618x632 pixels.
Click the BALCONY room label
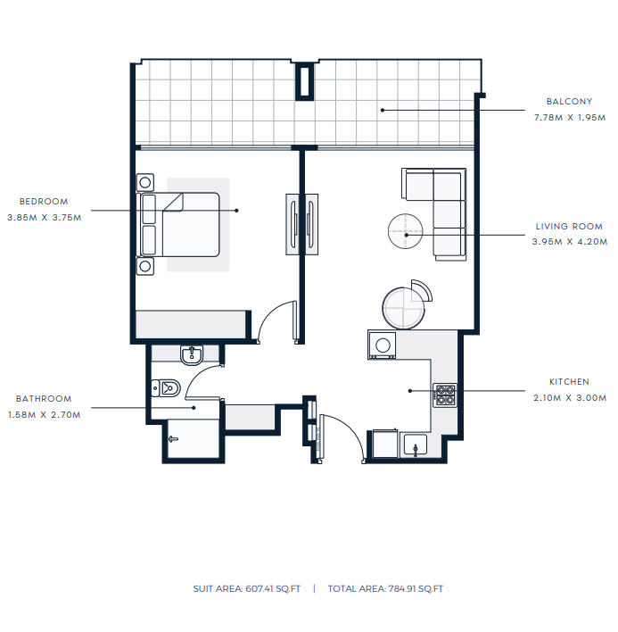coord(569,102)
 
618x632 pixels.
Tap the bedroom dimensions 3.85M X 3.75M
coord(45,218)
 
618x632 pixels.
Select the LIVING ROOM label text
coord(569,227)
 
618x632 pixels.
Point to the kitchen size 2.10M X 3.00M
coord(570,398)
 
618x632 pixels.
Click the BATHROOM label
coord(44,399)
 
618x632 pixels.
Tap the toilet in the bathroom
coord(166,388)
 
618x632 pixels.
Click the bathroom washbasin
coord(192,355)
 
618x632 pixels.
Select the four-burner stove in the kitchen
coord(445,395)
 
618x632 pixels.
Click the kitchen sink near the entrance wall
coord(416,445)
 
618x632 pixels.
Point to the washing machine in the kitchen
coord(382,345)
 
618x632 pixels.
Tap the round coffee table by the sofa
coord(406,231)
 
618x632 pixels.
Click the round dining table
coord(403,308)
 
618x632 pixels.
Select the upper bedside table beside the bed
coord(145,183)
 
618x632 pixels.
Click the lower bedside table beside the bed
coord(145,266)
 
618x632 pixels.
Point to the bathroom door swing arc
coord(194,375)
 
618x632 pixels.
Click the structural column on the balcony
coord(305,81)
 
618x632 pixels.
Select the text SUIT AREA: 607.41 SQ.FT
coord(247,589)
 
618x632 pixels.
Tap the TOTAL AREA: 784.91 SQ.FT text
coord(385,589)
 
